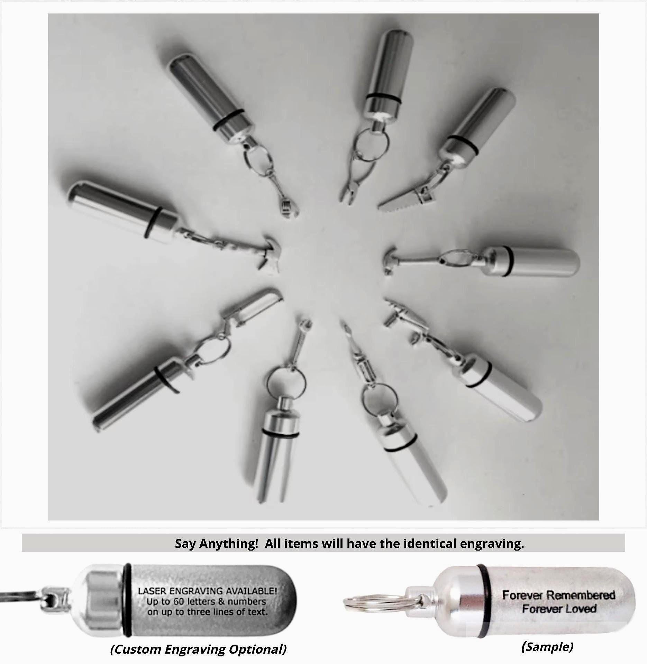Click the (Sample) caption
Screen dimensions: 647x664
click(x=547, y=646)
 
